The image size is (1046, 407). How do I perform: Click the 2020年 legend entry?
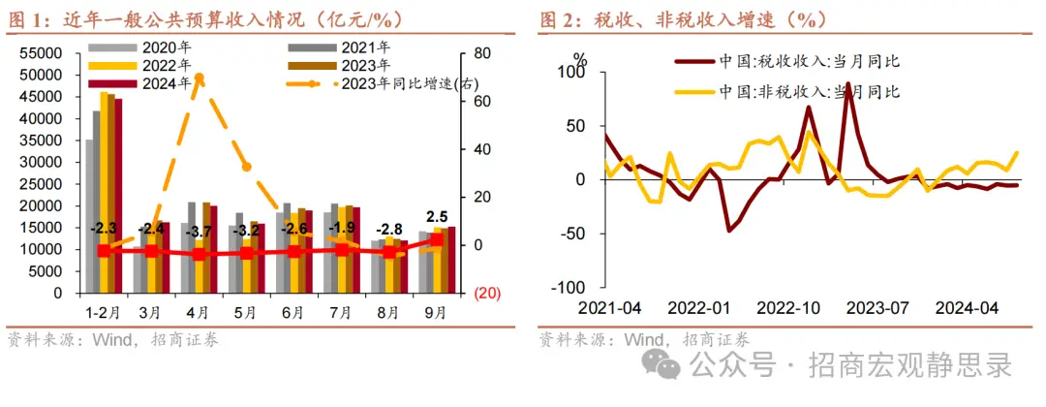(141, 47)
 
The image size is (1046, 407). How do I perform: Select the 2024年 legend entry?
(141, 83)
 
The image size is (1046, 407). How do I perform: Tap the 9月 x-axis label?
(436, 312)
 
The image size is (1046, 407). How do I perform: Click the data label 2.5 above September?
(437, 215)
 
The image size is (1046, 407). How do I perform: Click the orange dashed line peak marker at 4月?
(199, 77)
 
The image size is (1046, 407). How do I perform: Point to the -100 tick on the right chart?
(570, 288)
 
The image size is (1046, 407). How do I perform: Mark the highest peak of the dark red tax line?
(848, 83)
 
